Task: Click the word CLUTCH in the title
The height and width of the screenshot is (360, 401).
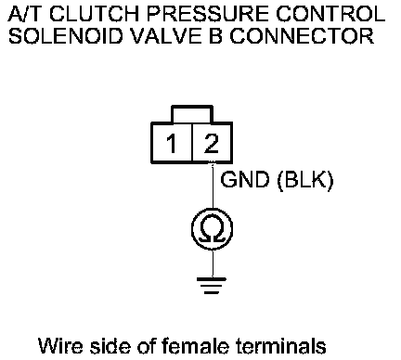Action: point(94,14)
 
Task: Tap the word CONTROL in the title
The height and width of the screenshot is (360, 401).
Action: point(330,14)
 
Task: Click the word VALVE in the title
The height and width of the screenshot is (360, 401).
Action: point(166,36)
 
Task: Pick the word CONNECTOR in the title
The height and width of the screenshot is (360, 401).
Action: point(302,36)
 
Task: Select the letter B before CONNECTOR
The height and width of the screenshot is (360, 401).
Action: point(215,36)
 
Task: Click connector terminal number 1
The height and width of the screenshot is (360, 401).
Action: point(171,143)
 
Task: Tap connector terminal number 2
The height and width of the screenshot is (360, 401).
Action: point(212,143)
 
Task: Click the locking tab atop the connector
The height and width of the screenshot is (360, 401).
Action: point(192,114)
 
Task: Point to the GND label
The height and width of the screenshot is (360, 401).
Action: point(244,179)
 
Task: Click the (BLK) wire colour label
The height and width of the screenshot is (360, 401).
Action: point(305,180)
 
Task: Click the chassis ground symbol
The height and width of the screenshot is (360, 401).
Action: point(212,285)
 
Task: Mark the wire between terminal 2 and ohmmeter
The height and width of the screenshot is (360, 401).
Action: point(213,186)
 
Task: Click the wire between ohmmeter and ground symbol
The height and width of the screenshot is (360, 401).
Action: point(213,264)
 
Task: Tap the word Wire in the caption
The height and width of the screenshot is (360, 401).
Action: point(60,345)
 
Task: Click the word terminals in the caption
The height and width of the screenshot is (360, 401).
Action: point(281,345)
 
